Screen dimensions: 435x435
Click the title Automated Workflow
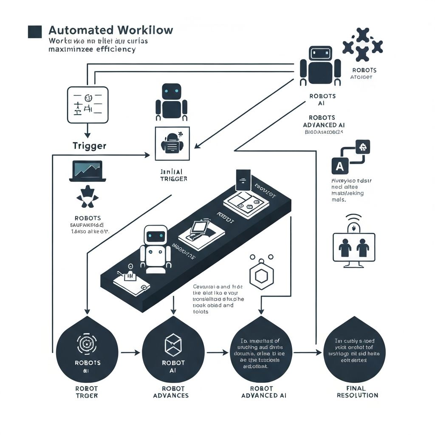pos(111,31)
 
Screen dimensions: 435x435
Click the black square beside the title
pos(34,32)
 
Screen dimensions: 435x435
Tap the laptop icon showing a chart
pos(88,171)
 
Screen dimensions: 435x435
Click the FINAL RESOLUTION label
pos(357,392)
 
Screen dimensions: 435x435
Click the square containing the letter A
pos(339,166)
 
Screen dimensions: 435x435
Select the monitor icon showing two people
pos(354,248)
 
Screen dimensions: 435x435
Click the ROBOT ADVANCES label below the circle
pos(173,392)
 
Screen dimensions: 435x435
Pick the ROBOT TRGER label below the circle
pos(87,392)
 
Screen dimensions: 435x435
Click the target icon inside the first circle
pos(87,344)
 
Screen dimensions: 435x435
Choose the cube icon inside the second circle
pos(173,345)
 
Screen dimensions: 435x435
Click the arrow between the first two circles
pos(130,352)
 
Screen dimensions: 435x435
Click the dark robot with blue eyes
pos(171,101)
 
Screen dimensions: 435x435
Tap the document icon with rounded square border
pos(88,105)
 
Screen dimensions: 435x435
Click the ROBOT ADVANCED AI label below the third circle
pos(264,392)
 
